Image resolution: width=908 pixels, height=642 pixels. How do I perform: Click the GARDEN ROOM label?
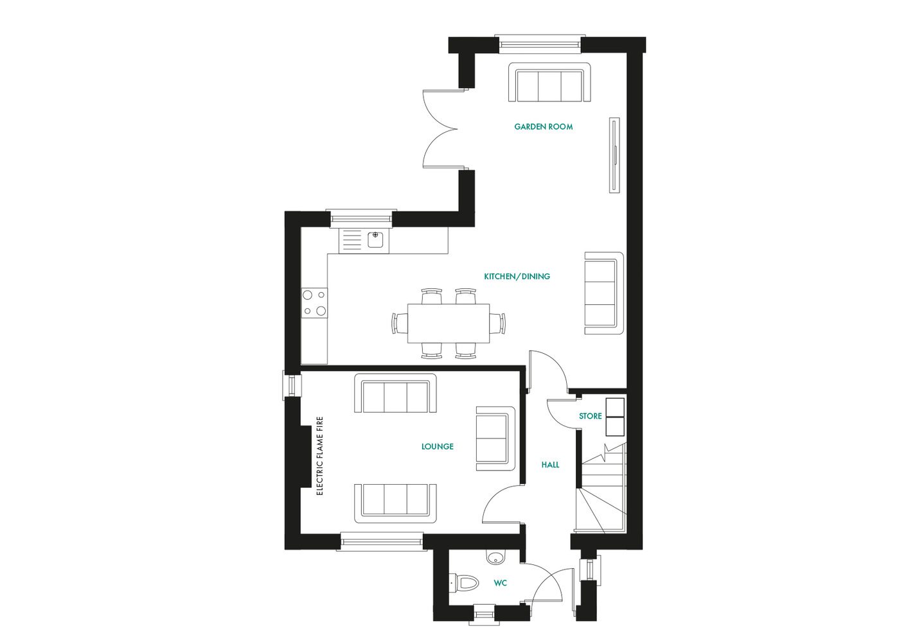(x=543, y=127)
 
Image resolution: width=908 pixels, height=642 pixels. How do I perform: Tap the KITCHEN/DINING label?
(x=517, y=277)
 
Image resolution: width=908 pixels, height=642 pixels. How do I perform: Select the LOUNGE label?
(x=437, y=447)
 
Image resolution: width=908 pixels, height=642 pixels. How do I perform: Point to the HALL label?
(x=550, y=465)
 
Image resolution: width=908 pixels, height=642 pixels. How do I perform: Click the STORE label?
(x=590, y=417)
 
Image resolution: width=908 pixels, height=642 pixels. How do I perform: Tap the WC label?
(x=500, y=584)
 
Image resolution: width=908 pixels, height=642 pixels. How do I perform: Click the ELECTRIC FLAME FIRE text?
(x=320, y=456)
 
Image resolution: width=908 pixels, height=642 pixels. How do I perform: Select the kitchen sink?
(x=364, y=241)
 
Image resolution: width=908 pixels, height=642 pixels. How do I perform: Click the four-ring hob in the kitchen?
(x=314, y=303)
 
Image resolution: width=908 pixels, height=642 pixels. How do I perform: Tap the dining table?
(x=448, y=324)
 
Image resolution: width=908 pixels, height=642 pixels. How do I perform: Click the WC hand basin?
(x=495, y=557)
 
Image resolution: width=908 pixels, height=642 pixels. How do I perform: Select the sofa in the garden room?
(x=549, y=83)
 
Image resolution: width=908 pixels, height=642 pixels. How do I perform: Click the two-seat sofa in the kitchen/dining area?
(x=603, y=293)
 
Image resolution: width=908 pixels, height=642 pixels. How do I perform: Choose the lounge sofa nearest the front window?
(x=395, y=503)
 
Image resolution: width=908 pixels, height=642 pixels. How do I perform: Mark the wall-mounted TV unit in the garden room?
(x=614, y=155)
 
